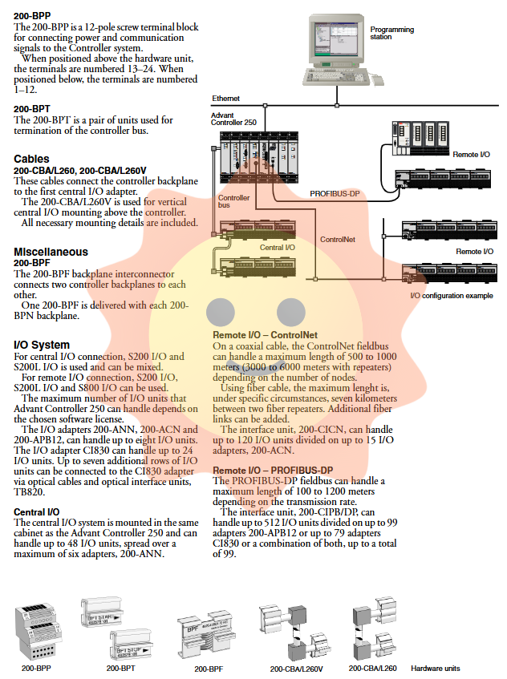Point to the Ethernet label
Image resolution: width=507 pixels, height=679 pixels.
(225, 99)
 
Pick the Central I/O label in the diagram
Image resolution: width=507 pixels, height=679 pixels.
(277, 248)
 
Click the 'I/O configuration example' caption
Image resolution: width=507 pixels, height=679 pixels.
(452, 296)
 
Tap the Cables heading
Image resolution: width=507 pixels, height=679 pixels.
(31, 159)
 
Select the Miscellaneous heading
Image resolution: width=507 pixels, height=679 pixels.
(51, 252)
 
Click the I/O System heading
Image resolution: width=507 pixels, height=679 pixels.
(43, 345)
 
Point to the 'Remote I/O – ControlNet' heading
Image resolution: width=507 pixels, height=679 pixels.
(265, 334)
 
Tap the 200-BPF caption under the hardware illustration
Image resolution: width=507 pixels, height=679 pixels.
(207, 667)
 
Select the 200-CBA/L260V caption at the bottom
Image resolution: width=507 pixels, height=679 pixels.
(296, 667)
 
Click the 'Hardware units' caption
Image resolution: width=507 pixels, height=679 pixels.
(436, 667)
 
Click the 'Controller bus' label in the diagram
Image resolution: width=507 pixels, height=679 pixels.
(233, 201)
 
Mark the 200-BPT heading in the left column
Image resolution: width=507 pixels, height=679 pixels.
(31, 108)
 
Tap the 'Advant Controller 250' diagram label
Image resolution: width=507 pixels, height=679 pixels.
(233, 119)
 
